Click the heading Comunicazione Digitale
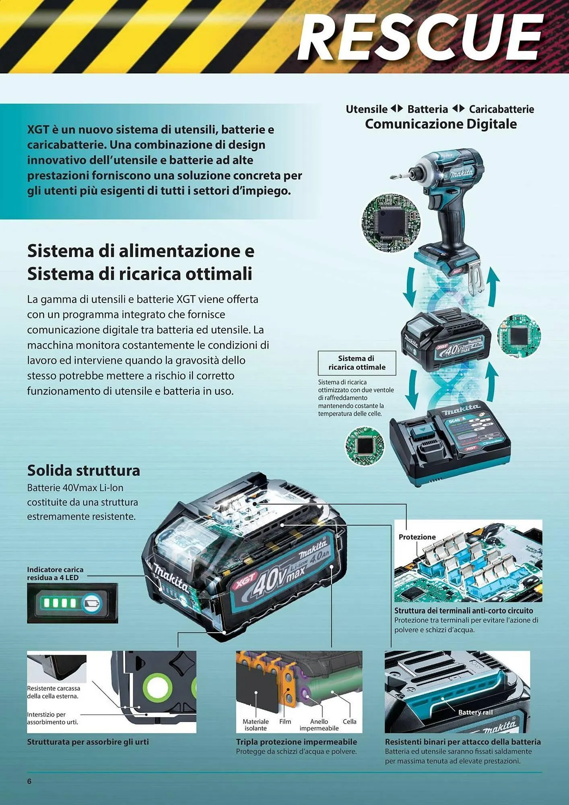click(441, 124)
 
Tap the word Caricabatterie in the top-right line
click(501, 109)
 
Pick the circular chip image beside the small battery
click(519, 336)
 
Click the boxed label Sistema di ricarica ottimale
click(357, 363)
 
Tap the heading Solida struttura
click(83, 470)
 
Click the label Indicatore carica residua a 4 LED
click(55, 573)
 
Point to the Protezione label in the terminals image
click(417, 537)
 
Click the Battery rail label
click(475, 712)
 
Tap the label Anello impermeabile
click(319, 724)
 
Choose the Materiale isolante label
click(256, 724)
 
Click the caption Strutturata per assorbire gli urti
click(88, 742)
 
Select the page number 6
click(29, 781)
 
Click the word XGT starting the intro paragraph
click(38, 130)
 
